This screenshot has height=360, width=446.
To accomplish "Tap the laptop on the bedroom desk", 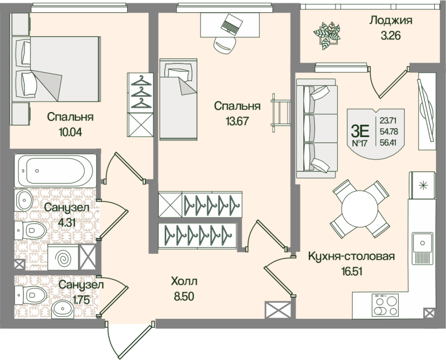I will pos(231,24).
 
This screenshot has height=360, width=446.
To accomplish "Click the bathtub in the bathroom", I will pos(56,169).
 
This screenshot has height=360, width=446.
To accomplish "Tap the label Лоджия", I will pos(390,21).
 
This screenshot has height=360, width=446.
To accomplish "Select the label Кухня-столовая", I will pos(351,257).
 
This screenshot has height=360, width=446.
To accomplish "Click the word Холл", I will pos(184,281).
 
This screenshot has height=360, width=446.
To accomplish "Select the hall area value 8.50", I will pos(184,296).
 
